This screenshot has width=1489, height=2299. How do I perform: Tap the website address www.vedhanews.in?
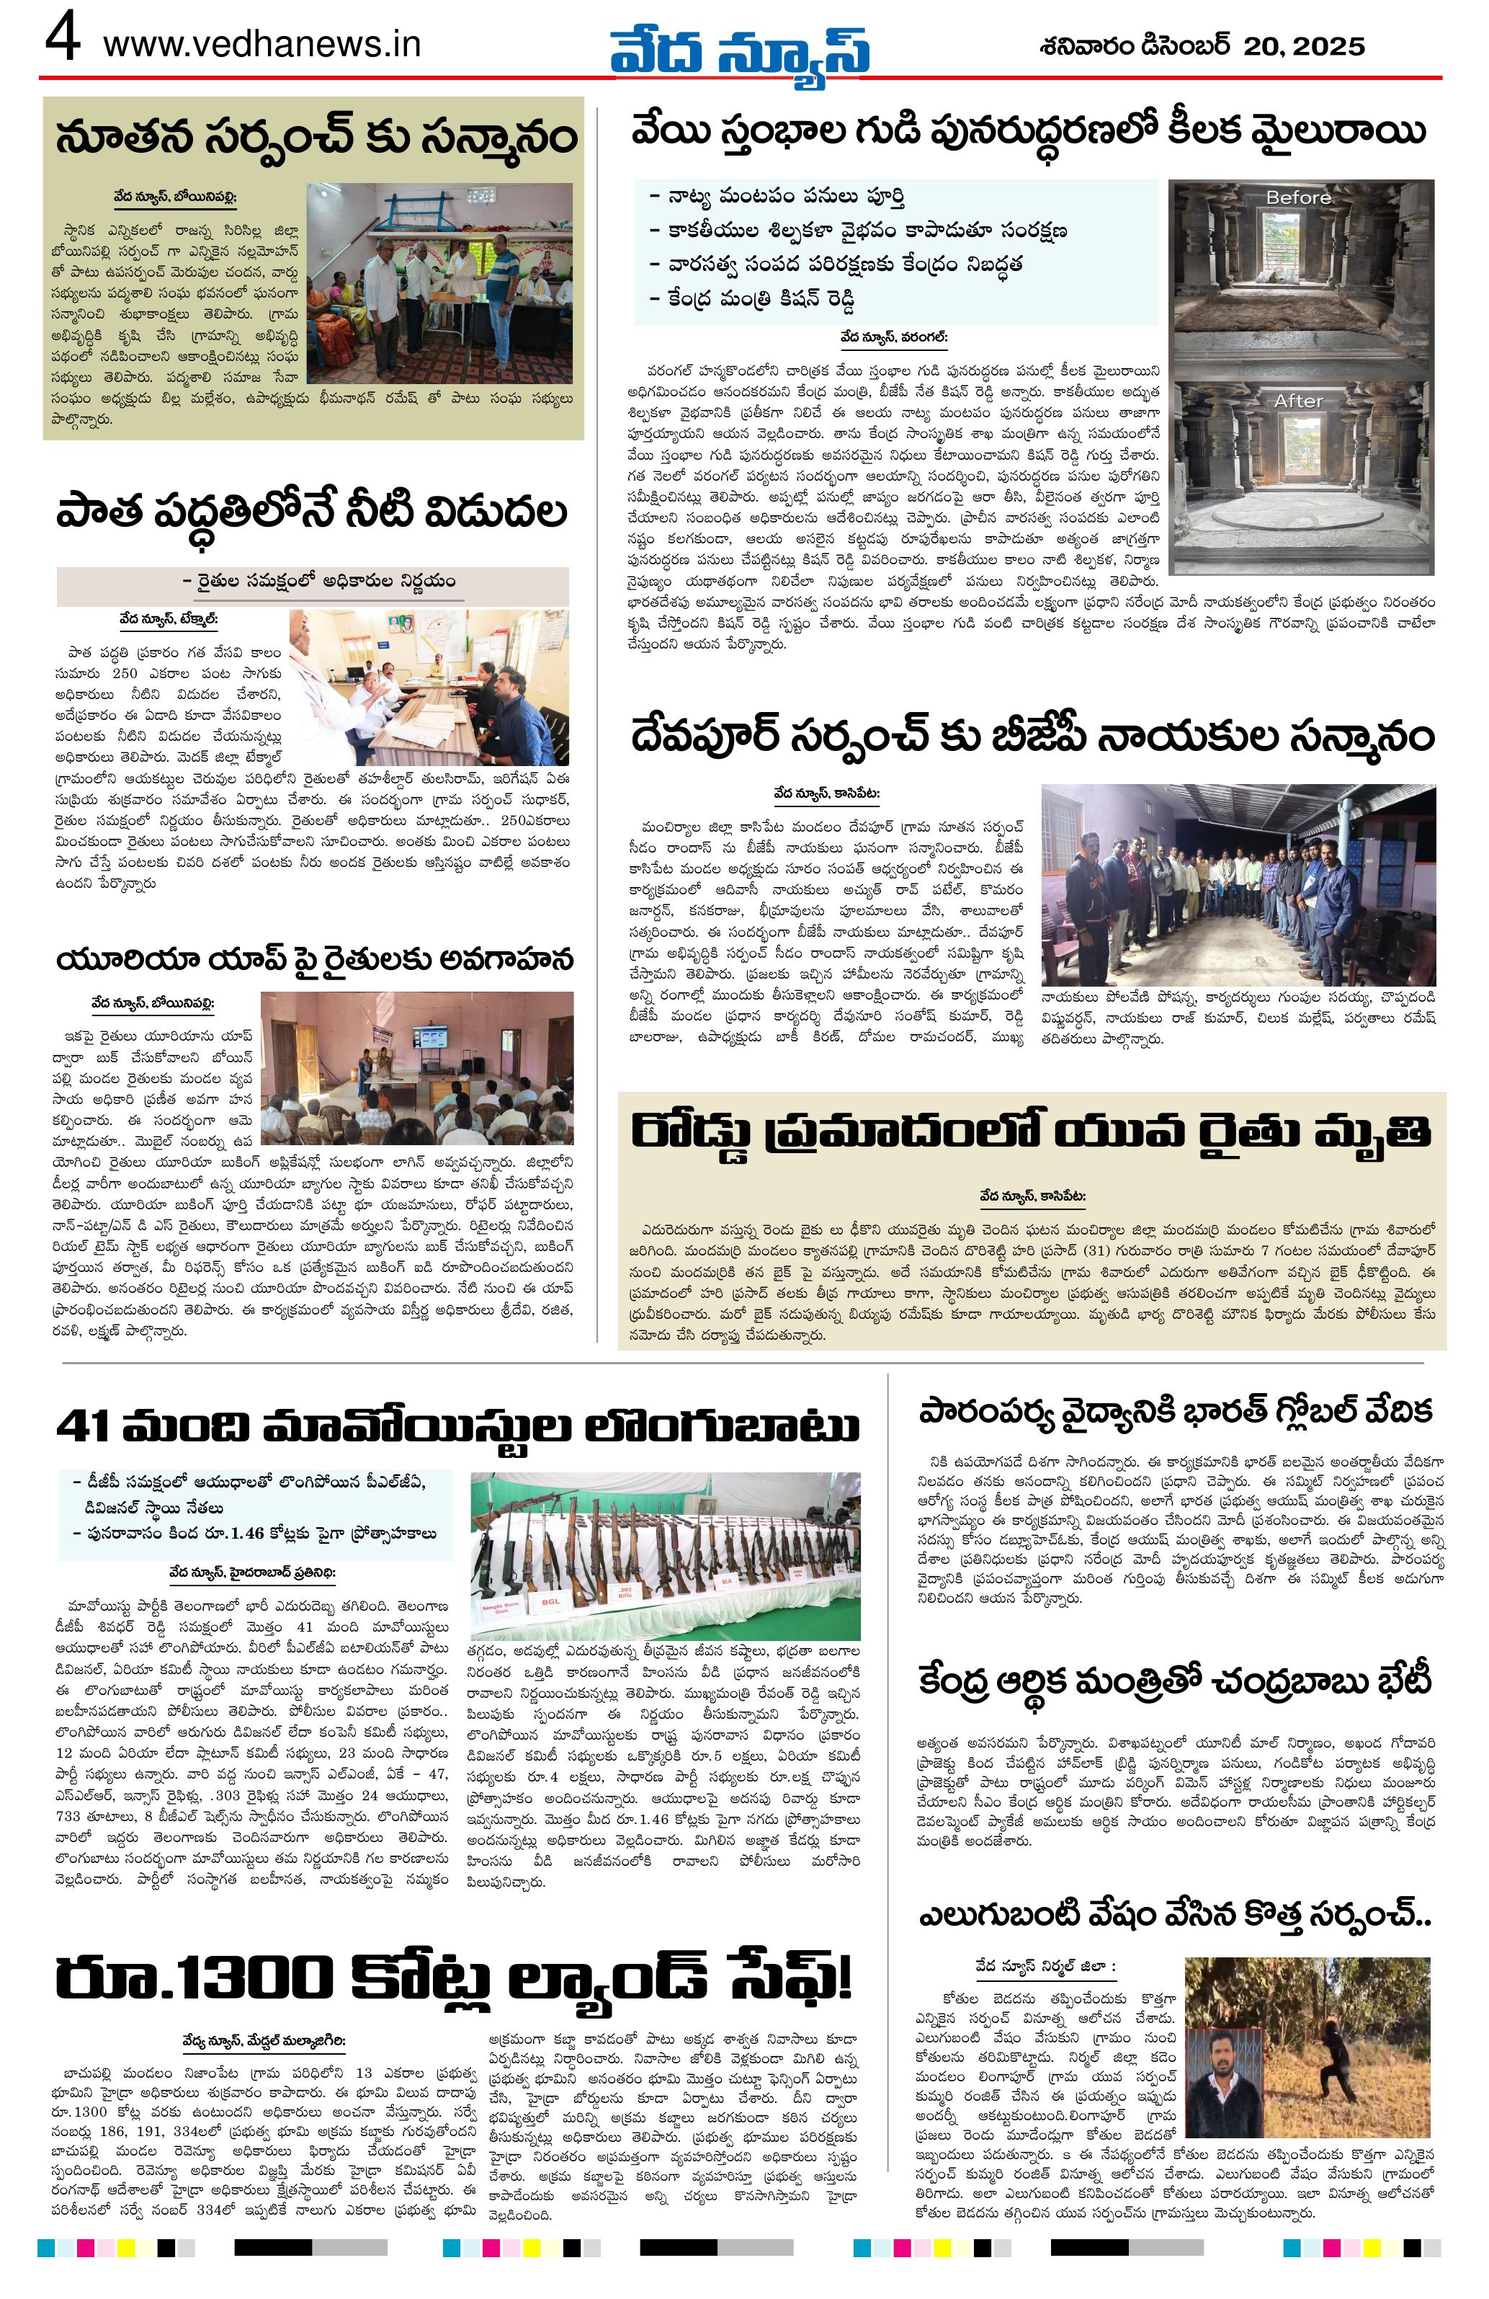point(261,45)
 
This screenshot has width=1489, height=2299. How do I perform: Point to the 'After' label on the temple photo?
point(1298,401)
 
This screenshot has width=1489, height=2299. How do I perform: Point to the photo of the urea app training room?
point(416,1067)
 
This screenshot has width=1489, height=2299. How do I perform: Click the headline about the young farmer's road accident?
point(1030,1131)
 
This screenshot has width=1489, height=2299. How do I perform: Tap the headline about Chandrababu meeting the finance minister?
point(1174,1680)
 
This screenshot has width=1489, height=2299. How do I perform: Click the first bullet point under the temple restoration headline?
point(777,197)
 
